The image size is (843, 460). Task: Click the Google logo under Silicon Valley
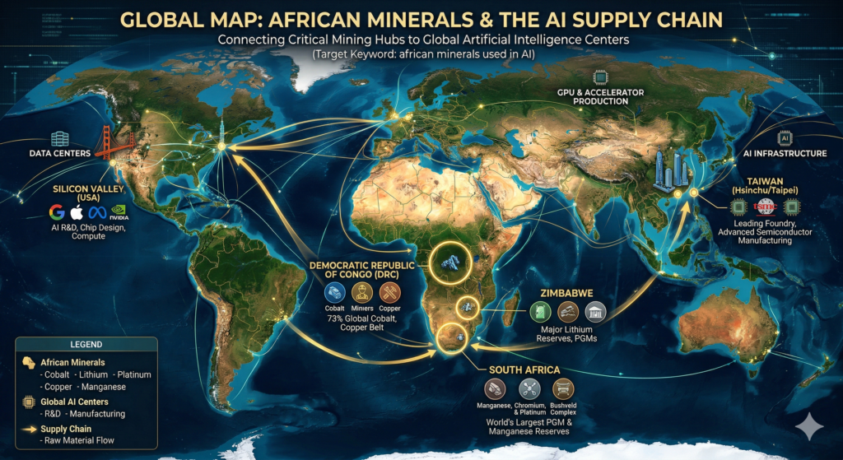[56, 211]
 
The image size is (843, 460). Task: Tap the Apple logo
[78, 211]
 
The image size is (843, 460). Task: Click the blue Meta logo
[98, 211]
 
